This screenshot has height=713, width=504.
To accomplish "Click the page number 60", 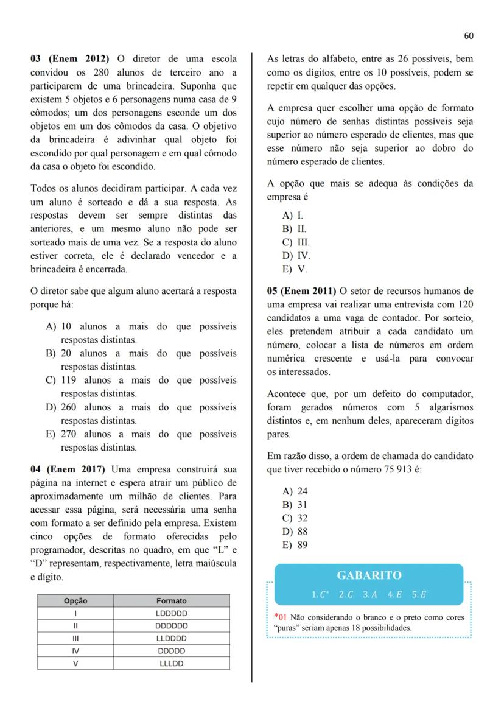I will (468, 36).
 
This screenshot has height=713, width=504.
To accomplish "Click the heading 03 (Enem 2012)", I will (70, 59).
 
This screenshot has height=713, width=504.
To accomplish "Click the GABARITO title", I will (369, 575).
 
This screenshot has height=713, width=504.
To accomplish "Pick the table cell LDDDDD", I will (172, 613).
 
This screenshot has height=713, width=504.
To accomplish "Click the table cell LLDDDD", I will (172, 639).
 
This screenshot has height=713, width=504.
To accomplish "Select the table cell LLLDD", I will (172, 664).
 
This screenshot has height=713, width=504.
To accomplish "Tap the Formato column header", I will (172, 600).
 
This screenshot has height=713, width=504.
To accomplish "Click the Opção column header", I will (75, 600).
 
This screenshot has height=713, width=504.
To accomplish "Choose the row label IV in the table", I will (75, 651).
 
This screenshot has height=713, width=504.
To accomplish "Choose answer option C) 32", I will (295, 518).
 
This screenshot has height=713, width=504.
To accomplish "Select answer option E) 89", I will (295, 545).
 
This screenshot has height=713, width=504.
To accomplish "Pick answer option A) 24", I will (295, 491).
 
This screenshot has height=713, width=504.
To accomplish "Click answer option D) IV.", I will (296, 256).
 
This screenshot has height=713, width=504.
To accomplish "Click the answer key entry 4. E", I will (396, 594).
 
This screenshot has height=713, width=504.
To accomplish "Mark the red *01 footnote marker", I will (280, 617).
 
